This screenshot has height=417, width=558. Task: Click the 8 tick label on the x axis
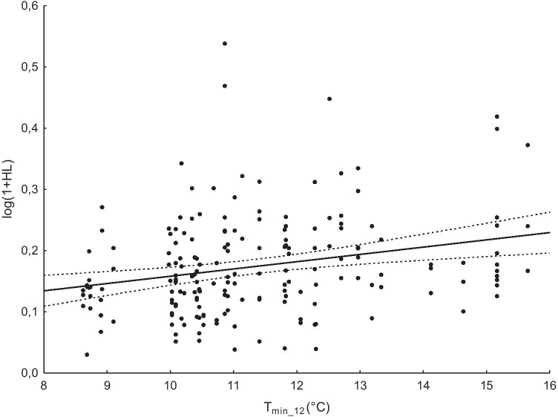pyautogui.click(x=44, y=386)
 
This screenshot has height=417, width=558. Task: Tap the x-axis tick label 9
pyautogui.click(x=107, y=386)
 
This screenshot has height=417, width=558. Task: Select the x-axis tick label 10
pyautogui.click(x=170, y=386)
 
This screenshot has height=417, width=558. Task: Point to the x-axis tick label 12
pyautogui.click(x=297, y=386)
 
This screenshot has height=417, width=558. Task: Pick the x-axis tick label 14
pyautogui.click(x=423, y=386)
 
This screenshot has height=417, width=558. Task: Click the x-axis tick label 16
pyautogui.click(x=549, y=386)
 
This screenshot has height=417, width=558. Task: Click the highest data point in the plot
pyautogui.click(x=224, y=44)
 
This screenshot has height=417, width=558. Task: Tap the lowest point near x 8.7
pyautogui.click(x=87, y=355)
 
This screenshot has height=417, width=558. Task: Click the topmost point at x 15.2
pyautogui.click(x=497, y=116)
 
